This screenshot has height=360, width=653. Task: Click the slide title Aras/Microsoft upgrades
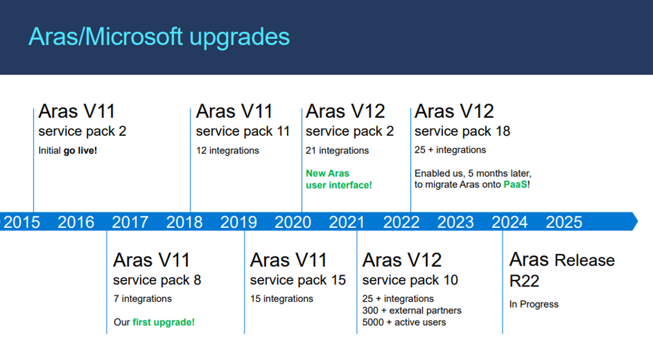tap(159, 36)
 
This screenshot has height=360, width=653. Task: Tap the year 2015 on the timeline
tap(22, 222)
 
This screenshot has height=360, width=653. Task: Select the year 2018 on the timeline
tap(184, 222)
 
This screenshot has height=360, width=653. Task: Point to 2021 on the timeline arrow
tap(347, 222)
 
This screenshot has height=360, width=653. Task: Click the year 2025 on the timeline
tap(564, 222)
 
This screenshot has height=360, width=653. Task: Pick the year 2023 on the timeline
tap(455, 222)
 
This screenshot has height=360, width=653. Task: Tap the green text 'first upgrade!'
tap(163, 322)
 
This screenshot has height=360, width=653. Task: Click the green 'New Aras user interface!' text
tap(339, 179)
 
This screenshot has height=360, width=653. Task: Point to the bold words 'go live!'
tap(80, 151)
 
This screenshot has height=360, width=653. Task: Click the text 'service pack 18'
tap(462, 131)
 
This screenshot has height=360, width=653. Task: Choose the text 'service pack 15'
tap(297, 280)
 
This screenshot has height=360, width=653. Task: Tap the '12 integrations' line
tap(227, 151)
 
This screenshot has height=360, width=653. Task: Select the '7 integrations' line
tap(143, 298)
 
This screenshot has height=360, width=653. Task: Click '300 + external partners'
tap(411, 310)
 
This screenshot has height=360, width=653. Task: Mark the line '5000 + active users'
tap(404, 322)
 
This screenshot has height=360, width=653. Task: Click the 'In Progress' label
tap(534, 304)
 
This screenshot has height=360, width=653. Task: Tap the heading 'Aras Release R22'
tap(561, 270)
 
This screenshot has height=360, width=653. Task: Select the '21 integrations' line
tap(337, 151)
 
